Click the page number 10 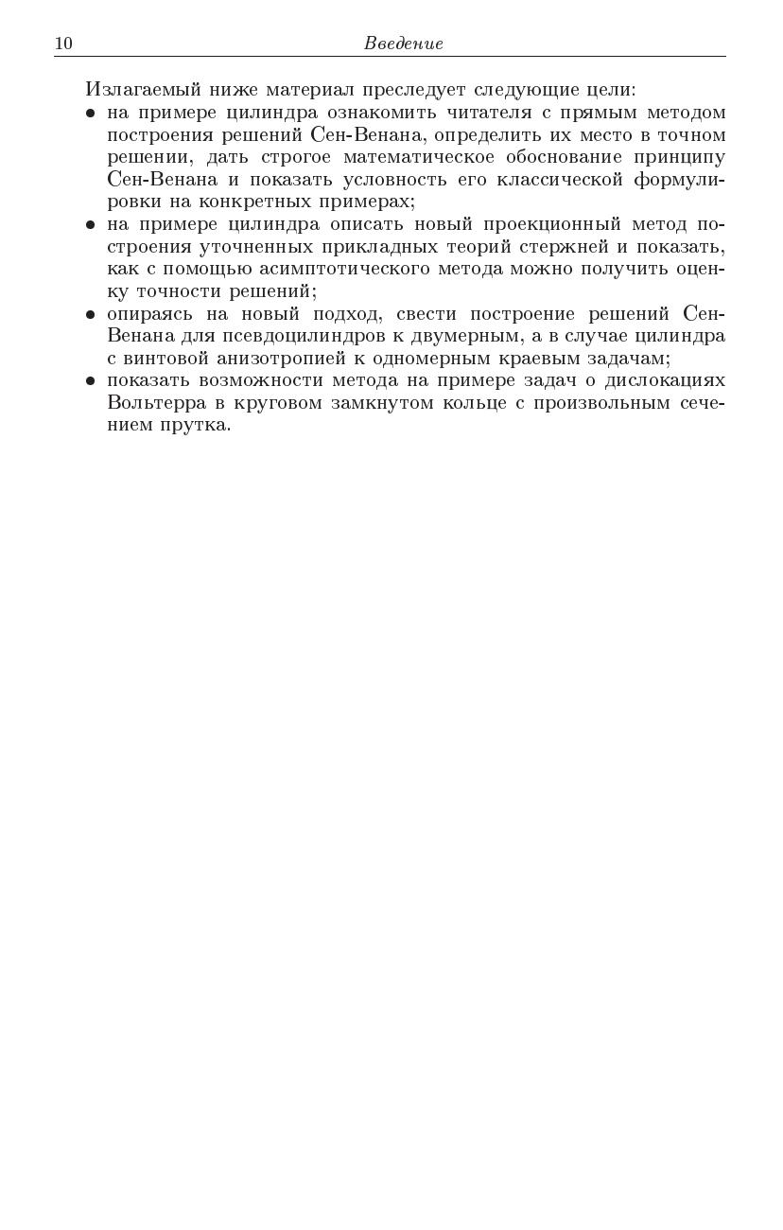(63, 44)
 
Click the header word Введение (403, 44)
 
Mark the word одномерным (429, 359)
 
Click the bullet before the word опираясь (91, 314)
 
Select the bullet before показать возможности (91, 381)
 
